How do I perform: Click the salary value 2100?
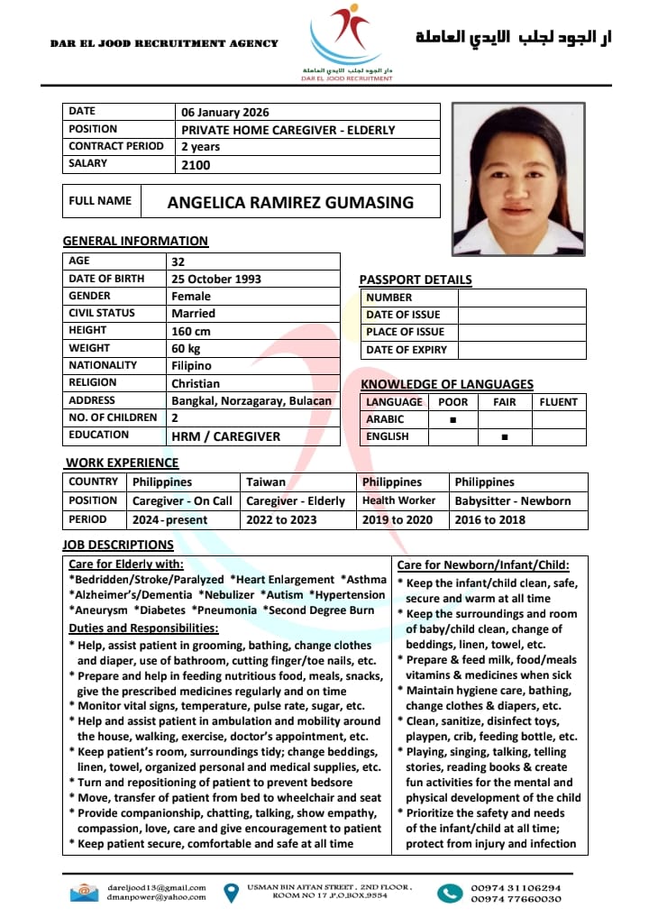196,165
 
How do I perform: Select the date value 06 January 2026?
225,113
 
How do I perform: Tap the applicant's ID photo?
518,179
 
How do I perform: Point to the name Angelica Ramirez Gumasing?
290,202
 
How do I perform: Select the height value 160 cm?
191,331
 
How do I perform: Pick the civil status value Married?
194,314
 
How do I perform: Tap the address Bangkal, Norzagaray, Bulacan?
251,400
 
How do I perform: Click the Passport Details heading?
416,280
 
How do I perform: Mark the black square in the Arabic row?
452,420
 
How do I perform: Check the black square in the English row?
505,437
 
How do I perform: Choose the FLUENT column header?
558,402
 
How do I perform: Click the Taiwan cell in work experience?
266,482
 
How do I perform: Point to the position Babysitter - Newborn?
513,501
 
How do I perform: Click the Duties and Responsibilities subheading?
143,628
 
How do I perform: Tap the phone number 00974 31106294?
516,887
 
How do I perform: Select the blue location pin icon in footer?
231,893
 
